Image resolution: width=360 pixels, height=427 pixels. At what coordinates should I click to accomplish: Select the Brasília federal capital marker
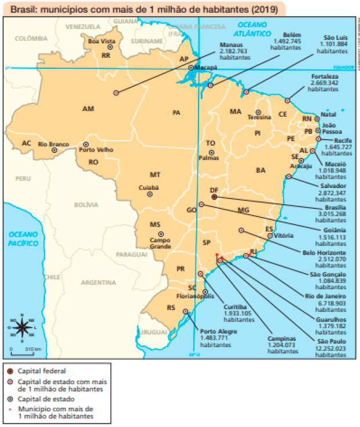tap(214, 197)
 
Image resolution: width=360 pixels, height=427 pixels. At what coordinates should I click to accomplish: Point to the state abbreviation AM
tap(88, 109)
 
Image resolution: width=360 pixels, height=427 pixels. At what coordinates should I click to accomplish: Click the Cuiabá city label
tap(149, 187)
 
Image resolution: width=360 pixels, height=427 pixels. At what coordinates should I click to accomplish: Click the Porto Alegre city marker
tap(185, 312)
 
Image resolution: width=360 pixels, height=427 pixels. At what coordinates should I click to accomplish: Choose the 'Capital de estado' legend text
tap(46, 399)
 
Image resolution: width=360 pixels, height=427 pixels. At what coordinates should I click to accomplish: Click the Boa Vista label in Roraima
tap(102, 42)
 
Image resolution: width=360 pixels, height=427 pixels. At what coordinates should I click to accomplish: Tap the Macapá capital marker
tap(191, 68)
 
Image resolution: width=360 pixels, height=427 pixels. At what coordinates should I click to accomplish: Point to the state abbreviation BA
tap(261, 170)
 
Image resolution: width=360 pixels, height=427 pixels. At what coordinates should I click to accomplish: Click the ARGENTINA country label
tap(98, 283)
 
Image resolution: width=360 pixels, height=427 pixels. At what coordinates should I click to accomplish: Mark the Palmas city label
tap(209, 157)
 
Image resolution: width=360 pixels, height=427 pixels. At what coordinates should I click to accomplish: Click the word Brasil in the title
tap(24, 9)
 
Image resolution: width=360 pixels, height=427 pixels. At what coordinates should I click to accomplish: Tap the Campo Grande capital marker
tap(160, 233)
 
